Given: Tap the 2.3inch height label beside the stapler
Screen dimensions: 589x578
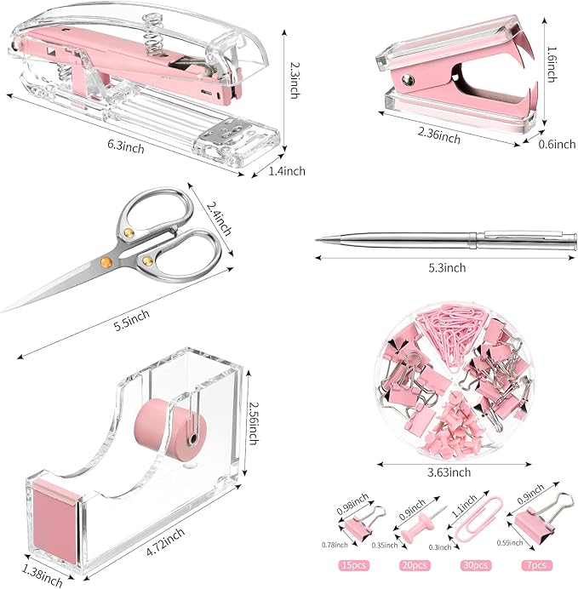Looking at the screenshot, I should [x=294, y=79].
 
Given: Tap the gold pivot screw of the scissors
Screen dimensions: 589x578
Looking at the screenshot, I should [x=106, y=260].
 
